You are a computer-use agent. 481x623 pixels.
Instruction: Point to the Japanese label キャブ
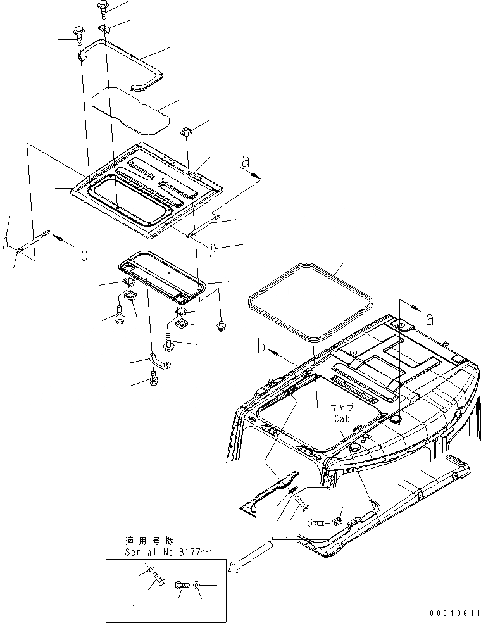click(x=341, y=407)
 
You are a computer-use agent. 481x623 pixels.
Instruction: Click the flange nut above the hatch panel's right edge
click(x=187, y=134)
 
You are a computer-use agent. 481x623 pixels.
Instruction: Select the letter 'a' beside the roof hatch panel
click(x=244, y=162)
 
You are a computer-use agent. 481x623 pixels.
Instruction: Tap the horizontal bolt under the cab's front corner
click(x=318, y=522)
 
